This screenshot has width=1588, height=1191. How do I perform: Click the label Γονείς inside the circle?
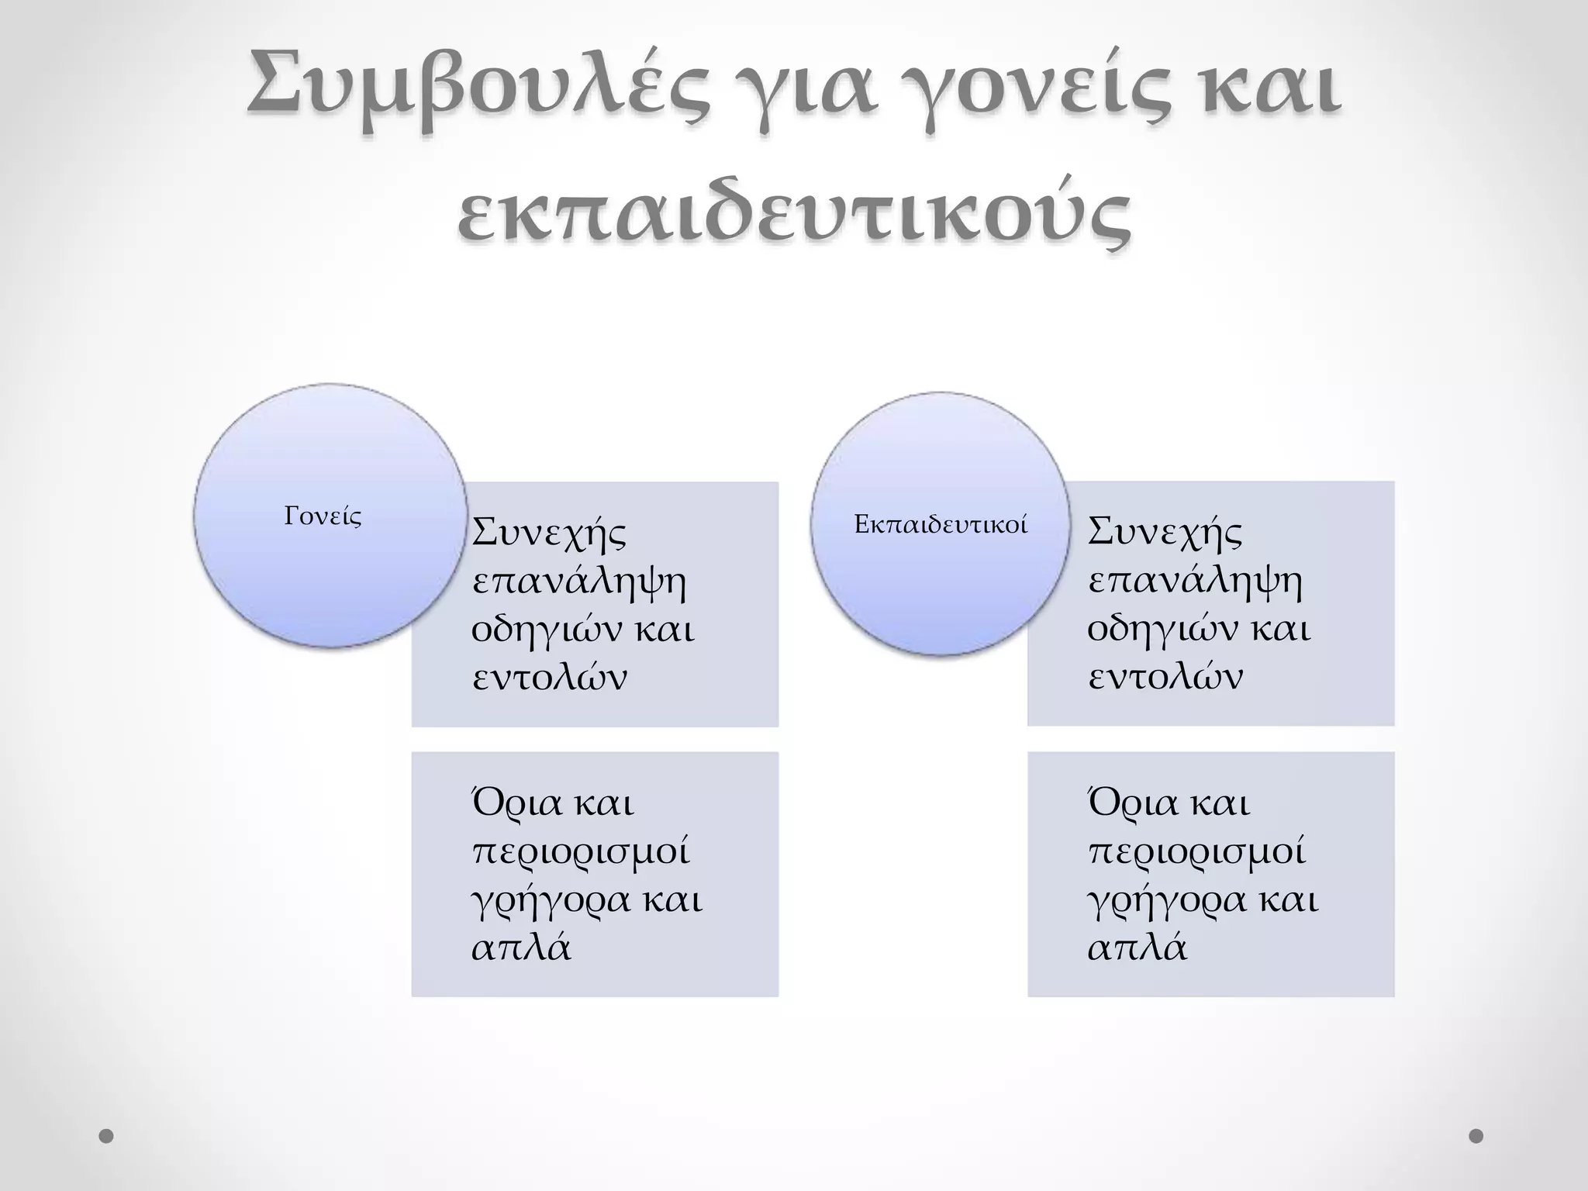pos(323,516)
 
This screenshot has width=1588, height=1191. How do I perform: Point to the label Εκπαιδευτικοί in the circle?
pos(941,525)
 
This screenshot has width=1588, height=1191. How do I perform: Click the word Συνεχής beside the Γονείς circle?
pos(549,533)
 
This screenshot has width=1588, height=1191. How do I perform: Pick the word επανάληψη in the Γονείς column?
pos(579,582)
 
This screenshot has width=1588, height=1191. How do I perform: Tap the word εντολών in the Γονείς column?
pos(549,677)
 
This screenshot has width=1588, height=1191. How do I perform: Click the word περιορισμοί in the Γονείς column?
pos(581,851)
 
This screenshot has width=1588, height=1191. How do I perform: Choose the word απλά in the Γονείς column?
pos(521,948)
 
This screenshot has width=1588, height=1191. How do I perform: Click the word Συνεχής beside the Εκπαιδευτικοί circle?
pos(1165,533)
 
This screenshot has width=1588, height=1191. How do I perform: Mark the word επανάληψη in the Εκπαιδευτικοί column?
pos(1195,582)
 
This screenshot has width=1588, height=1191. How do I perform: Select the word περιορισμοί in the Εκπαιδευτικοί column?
pos(1197,851)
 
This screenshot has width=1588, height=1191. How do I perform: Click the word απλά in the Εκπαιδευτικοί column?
pos(1137,948)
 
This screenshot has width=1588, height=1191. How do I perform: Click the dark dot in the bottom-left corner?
pos(107,1137)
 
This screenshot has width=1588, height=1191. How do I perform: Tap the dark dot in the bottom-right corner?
pos(1476,1136)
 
